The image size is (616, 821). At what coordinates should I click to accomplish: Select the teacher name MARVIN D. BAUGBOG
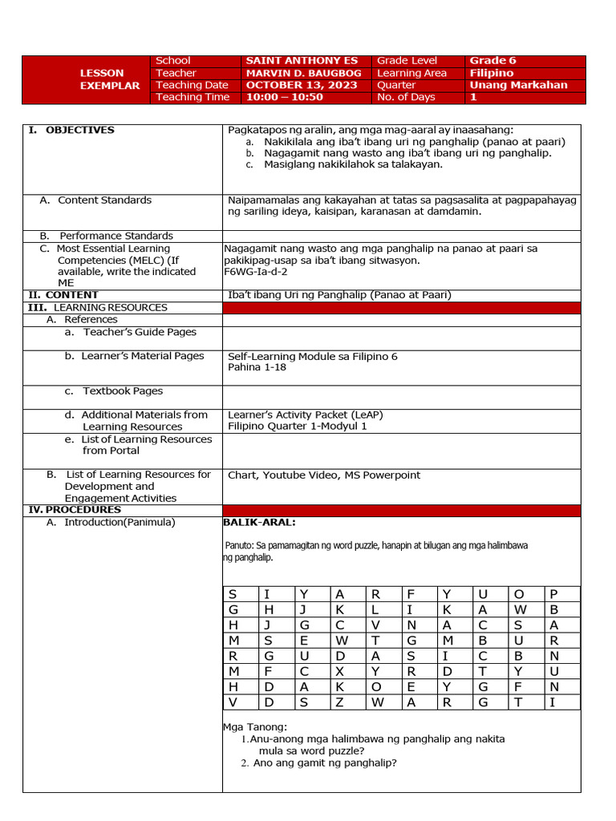[303, 73]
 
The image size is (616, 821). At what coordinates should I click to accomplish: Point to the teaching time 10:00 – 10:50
[284, 97]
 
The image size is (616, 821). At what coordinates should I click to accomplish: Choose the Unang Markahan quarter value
[518, 85]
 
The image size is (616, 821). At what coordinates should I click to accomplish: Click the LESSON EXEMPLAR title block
[109, 79]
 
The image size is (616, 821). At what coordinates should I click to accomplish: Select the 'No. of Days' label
[406, 97]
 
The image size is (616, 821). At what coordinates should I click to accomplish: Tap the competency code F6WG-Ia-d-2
[256, 272]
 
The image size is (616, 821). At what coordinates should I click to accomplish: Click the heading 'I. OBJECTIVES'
[72, 130]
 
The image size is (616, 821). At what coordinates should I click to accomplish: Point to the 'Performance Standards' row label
[115, 236]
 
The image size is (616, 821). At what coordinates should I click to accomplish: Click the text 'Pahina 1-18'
[257, 367]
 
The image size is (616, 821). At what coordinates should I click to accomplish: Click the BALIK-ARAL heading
[259, 523]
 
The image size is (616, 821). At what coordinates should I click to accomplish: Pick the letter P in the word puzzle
[553, 594]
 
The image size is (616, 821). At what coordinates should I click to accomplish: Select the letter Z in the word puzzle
[339, 702]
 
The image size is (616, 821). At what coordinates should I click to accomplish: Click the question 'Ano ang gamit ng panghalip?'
[325, 763]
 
